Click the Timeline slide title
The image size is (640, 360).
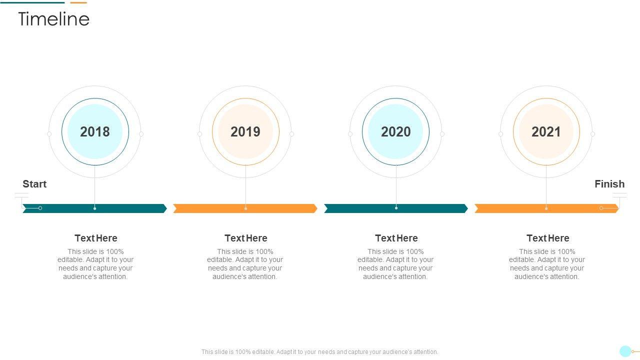[x=53, y=19]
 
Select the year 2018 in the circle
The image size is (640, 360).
[x=95, y=131]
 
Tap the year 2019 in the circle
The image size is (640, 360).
[x=245, y=131]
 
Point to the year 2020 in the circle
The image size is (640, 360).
[x=395, y=131]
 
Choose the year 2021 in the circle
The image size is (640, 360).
[x=546, y=131]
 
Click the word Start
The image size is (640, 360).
[x=34, y=184]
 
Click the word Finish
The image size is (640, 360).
[x=609, y=184]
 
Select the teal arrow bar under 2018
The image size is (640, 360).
[x=95, y=208]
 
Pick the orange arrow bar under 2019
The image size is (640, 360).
[x=245, y=208]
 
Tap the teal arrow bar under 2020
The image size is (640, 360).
[x=395, y=208]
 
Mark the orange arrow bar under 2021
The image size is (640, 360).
[x=546, y=208]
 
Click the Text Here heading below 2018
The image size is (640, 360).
[x=96, y=238]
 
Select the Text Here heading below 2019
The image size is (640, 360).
[x=246, y=238]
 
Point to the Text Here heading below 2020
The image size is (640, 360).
[x=396, y=238]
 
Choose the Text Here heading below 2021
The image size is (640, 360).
[x=547, y=238]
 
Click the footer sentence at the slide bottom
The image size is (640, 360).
[x=319, y=351]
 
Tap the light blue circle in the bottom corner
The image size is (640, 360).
[x=625, y=351]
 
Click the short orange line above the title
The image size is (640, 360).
[x=78, y=3]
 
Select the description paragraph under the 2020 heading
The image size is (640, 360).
[x=395, y=264]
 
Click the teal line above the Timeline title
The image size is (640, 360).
[x=32, y=3]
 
